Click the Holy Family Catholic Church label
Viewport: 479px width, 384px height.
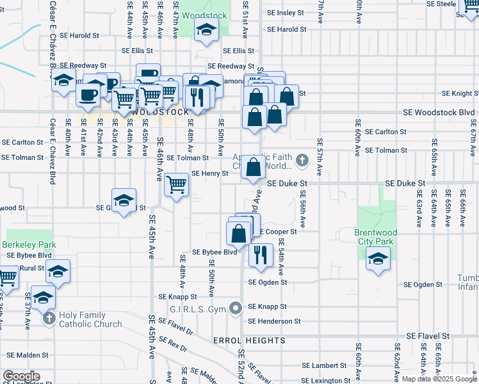coord(90,319)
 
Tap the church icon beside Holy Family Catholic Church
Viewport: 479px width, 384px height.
coord(49,318)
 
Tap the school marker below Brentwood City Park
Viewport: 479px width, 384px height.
coord(378,259)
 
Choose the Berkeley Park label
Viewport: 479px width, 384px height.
coord(28,244)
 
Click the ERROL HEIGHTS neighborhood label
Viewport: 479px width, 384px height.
coord(249,340)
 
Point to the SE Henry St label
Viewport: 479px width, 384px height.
coord(210,173)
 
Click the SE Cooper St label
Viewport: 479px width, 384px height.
coord(278,232)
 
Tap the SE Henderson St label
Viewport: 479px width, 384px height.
coord(274,321)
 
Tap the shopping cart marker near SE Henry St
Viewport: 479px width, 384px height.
coord(177,185)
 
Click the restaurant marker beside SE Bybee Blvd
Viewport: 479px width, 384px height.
coord(260,255)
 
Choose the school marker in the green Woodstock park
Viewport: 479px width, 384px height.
coord(206,30)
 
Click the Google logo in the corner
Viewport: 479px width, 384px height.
coord(20,376)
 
